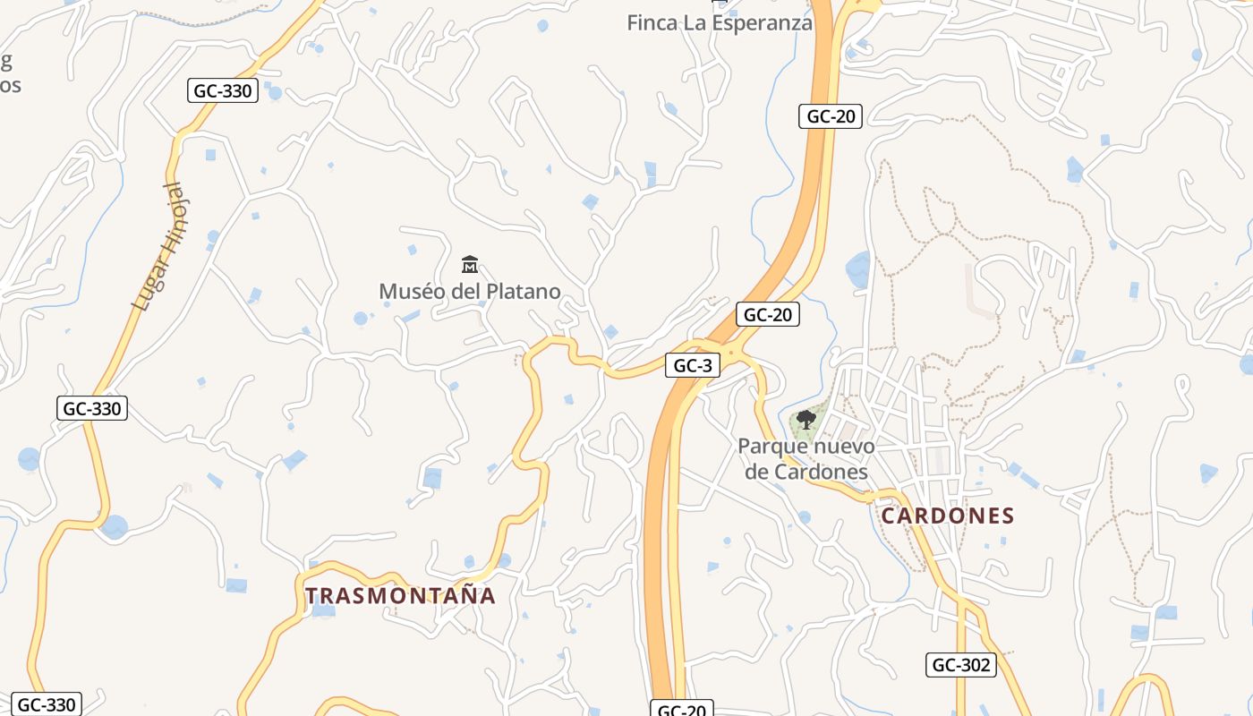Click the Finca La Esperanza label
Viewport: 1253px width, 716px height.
point(720,23)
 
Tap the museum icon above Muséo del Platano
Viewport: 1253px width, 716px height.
point(469,265)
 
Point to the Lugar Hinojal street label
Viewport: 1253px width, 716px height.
point(159,247)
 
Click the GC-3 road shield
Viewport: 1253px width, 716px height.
point(693,365)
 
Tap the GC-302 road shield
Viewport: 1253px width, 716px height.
point(960,664)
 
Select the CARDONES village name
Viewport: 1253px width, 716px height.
point(948,516)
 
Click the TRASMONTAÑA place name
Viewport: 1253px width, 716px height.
point(400,596)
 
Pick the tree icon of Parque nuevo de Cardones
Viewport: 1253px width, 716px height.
point(805,419)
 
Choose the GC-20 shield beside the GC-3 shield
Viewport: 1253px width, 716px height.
point(768,315)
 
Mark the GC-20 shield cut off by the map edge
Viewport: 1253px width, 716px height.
point(682,710)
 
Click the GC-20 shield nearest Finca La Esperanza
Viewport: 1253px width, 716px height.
point(831,115)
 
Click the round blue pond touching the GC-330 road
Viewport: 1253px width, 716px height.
point(114,527)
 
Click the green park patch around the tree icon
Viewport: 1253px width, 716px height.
point(816,412)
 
